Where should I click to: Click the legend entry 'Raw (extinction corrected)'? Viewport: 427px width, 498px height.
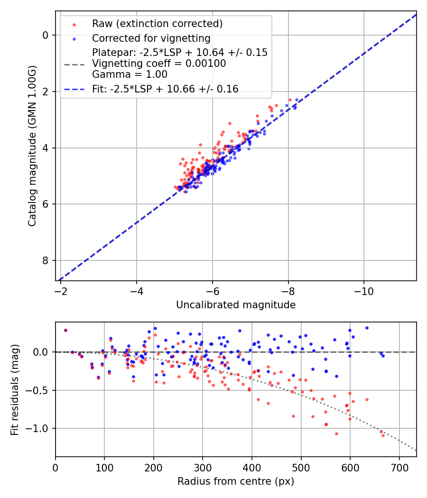[x=157, y=24]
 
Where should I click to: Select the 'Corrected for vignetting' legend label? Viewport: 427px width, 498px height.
[x=151, y=38]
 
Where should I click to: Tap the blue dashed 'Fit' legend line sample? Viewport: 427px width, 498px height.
[x=74, y=89]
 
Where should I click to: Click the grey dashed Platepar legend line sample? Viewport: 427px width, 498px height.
[x=74, y=64]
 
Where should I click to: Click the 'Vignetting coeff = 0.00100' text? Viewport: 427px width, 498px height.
[x=159, y=64]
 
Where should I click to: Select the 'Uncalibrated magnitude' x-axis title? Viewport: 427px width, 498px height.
[x=236, y=305]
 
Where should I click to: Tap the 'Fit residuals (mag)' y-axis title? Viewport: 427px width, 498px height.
[x=15, y=390]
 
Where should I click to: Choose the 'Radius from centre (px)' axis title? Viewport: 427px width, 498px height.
[x=236, y=481]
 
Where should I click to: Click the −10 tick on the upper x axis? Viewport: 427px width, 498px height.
[x=364, y=289]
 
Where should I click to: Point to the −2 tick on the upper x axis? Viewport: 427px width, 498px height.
[x=61, y=289]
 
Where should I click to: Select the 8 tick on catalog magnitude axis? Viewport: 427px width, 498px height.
[x=45, y=261]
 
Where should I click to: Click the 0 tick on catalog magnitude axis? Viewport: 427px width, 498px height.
[x=45, y=35]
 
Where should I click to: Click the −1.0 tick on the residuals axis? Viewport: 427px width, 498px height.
[x=40, y=428]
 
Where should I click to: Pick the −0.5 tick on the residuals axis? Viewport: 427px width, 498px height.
[x=40, y=390]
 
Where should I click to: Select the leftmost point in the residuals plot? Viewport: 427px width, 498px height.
[x=65, y=330]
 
